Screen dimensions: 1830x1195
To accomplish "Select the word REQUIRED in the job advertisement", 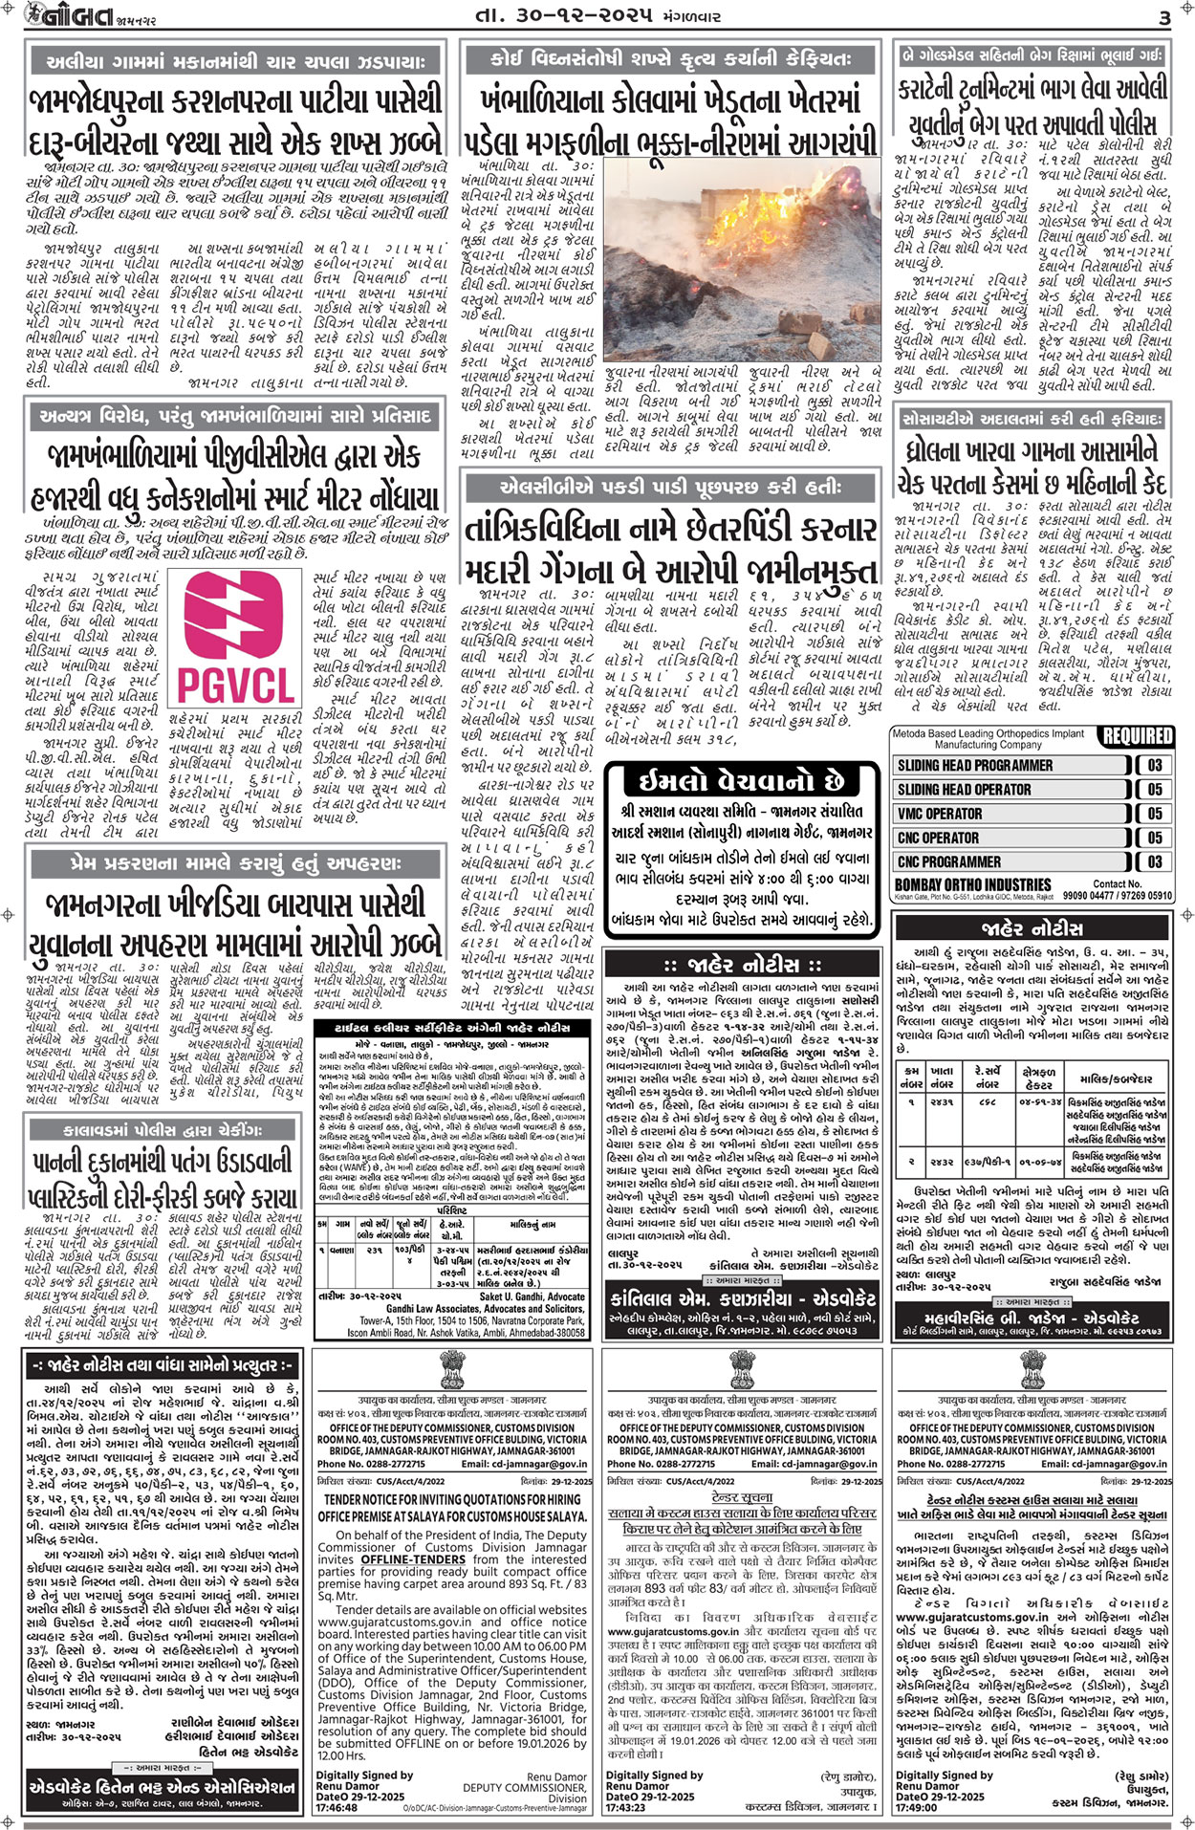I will [x=1137, y=736].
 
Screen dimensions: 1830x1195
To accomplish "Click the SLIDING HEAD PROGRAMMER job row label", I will [x=974, y=766].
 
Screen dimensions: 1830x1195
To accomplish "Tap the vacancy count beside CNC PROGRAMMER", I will [x=1155, y=861].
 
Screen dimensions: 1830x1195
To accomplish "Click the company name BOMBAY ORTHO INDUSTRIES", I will [x=972, y=884].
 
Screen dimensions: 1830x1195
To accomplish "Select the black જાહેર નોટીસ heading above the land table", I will [x=1032, y=928].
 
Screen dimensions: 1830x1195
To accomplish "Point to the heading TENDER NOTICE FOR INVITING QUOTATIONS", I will [x=452, y=1500].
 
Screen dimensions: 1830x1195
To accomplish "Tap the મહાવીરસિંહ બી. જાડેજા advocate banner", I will [x=1032, y=1318].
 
